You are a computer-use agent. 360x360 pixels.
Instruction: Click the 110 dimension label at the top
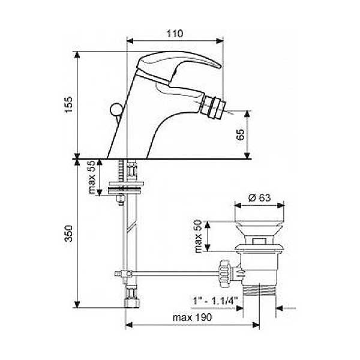[175, 34]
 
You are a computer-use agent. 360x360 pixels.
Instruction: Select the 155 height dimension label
[68, 104]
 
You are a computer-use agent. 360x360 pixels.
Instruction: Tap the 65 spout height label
[240, 134]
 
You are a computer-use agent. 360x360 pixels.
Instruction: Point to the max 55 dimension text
[92, 177]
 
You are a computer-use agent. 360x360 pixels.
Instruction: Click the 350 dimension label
[68, 233]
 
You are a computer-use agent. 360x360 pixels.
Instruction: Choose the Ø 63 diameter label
[260, 197]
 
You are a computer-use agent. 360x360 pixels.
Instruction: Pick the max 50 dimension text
[198, 236]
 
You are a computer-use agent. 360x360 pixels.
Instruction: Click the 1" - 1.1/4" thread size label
[214, 301]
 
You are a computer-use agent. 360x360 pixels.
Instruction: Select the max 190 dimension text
[193, 317]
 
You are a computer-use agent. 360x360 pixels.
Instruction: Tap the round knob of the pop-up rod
[116, 110]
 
